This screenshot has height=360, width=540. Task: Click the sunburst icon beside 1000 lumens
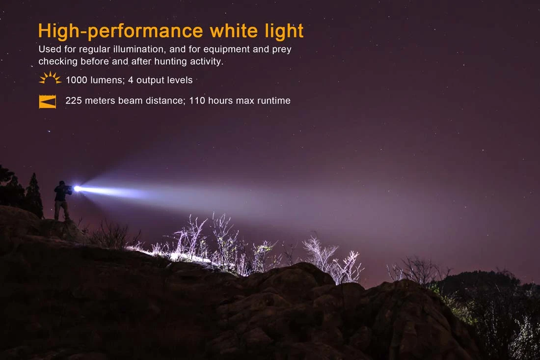tap(50, 79)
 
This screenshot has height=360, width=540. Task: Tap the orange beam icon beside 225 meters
tap(48, 101)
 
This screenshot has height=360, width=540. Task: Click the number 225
tap(73, 101)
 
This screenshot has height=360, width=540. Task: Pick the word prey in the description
tap(282, 50)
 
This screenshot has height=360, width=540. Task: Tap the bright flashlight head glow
tap(77, 189)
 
